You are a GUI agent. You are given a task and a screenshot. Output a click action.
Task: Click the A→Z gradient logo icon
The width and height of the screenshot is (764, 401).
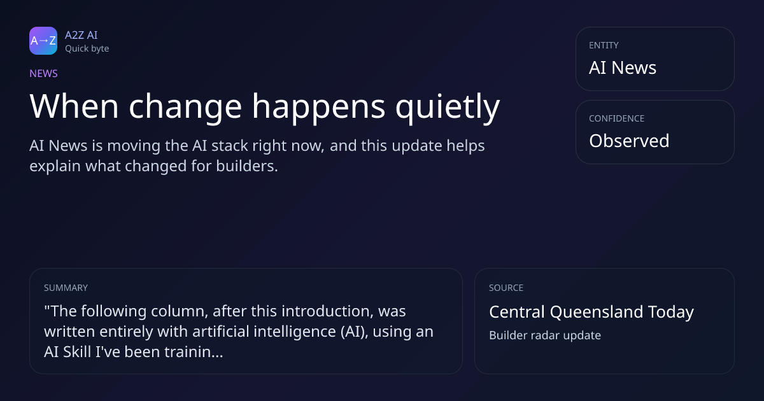43,41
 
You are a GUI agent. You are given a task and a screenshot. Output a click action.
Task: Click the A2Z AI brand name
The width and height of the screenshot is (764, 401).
81,35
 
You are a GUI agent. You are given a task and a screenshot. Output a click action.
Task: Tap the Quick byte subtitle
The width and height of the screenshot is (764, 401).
87,49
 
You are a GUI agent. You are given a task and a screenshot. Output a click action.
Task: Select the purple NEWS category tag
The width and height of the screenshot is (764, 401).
43,73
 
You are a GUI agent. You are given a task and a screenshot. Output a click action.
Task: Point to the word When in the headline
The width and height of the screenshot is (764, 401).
74,106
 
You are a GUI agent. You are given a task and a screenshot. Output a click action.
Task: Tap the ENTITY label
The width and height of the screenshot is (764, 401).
604,45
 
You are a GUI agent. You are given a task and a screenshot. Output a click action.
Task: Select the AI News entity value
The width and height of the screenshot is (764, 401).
623,67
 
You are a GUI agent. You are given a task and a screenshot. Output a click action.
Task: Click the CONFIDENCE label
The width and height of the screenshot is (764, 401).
617,118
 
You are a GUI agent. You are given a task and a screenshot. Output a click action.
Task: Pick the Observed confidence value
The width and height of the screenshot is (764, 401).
629,141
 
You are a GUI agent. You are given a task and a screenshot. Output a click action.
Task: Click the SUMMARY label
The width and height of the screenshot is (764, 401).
66,288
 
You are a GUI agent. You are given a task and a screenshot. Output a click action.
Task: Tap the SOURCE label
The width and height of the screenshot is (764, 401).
506,288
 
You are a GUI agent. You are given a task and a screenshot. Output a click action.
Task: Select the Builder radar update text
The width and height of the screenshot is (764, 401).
545,335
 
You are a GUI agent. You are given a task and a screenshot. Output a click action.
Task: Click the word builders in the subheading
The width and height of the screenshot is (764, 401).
247,166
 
